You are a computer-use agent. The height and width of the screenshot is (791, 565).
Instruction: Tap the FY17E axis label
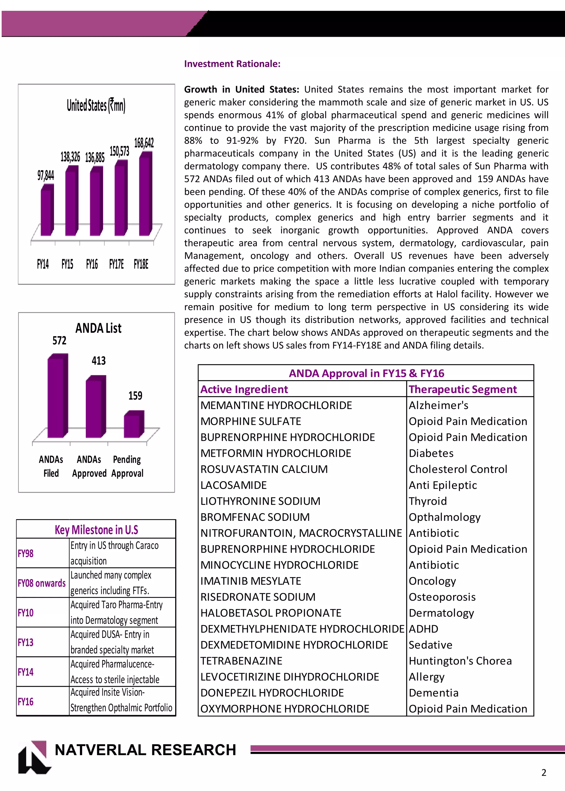(116, 264)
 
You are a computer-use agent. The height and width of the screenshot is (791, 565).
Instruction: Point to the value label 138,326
(70, 157)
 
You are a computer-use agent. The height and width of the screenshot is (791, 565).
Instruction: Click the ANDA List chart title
(98, 328)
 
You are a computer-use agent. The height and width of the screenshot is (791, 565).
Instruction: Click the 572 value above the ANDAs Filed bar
(59, 340)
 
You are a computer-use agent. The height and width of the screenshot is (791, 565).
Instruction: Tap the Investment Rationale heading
(232, 64)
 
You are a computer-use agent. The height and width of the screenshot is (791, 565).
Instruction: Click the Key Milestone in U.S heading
(96, 530)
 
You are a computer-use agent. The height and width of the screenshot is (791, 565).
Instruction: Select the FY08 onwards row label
(42, 583)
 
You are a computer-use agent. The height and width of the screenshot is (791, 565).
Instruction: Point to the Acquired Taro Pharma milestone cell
(116, 612)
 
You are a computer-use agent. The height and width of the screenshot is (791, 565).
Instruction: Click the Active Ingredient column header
(244, 389)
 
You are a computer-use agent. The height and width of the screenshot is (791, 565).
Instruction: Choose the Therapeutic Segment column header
(463, 389)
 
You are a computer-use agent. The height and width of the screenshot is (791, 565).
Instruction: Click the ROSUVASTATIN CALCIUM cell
(264, 469)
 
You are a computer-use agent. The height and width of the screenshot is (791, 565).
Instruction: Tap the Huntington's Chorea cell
(460, 661)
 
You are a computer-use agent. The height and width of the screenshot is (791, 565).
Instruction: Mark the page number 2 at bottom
(544, 773)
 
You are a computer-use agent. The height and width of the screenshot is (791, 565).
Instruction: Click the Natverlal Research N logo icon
(34, 757)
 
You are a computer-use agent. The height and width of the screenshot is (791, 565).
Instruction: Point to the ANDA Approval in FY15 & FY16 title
(366, 373)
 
